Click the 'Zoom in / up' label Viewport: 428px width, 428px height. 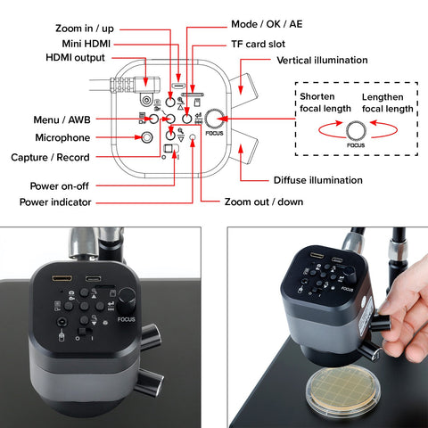tap(85, 29)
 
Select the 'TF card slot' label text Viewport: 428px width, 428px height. tap(258, 45)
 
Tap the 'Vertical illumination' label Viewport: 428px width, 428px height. tap(322, 61)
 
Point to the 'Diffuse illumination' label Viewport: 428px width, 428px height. tap(318, 180)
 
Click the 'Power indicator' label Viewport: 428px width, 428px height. tap(55, 202)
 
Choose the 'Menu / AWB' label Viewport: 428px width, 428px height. tap(62, 119)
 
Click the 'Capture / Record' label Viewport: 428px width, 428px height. tap(50, 157)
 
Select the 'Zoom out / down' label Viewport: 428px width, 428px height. tap(264, 202)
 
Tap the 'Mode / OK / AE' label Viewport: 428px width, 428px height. tap(267, 24)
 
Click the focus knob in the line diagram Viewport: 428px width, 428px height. tap(215, 119)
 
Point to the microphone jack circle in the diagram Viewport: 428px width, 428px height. tap(146, 137)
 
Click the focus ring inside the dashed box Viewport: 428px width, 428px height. tap(356, 130)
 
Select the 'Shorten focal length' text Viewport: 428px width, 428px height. tap(325, 103)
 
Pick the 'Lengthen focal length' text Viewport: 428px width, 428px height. tap(388, 103)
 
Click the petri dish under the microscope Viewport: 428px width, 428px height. tap(343, 391)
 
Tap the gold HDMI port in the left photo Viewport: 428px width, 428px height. tap(62, 278)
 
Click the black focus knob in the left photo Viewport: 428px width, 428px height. tap(128, 300)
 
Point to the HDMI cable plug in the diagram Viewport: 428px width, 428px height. tap(136, 84)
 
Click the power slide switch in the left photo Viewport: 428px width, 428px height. tap(85, 331)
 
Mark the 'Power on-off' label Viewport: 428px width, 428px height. tap(60, 186)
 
